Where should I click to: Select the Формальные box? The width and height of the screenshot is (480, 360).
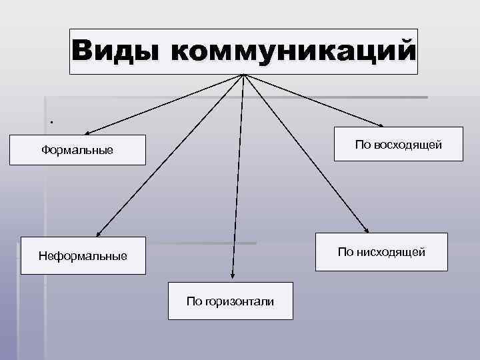pyautogui.click(x=77, y=151)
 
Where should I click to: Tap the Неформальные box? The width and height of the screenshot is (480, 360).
pyautogui.click(x=83, y=255)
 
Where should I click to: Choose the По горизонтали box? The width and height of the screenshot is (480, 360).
pyautogui.click(x=230, y=301)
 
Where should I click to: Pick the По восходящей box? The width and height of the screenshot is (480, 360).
pyautogui.click(x=399, y=145)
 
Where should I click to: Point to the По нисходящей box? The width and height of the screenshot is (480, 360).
pyautogui.click(x=381, y=251)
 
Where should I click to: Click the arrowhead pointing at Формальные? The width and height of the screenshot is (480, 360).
pyautogui.click(x=87, y=132)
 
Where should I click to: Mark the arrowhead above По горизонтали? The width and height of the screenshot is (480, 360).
pyautogui.click(x=232, y=274)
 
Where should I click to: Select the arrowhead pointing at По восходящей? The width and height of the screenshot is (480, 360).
pyautogui.click(x=381, y=125)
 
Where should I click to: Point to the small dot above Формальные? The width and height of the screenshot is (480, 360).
pyautogui.click(x=50, y=122)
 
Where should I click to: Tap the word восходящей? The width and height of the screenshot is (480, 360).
pyautogui.click(x=408, y=145)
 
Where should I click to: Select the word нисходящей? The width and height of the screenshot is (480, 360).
pyautogui.click(x=391, y=251)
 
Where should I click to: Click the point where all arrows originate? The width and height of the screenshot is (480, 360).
pyautogui.click(x=245, y=74)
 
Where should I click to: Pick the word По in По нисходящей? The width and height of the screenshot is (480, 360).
pyautogui.click(x=346, y=251)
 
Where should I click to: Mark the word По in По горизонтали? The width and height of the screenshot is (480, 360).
pyautogui.click(x=194, y=301)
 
